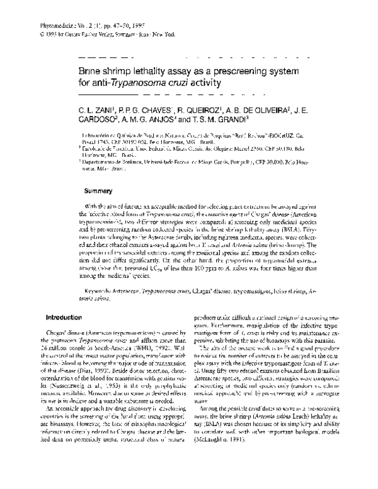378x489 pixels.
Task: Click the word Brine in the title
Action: pyautogui.click(x=87, y=72)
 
